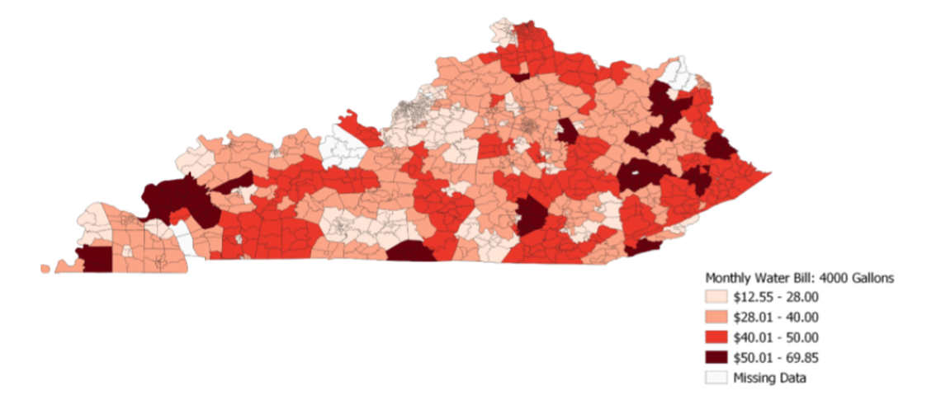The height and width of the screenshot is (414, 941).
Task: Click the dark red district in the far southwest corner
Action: pos(97,258)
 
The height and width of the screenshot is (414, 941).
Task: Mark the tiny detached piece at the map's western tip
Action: pos(45,268)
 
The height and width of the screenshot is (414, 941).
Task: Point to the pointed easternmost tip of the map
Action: pos(768,173)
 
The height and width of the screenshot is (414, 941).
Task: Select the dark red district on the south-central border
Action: pos(410,252)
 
